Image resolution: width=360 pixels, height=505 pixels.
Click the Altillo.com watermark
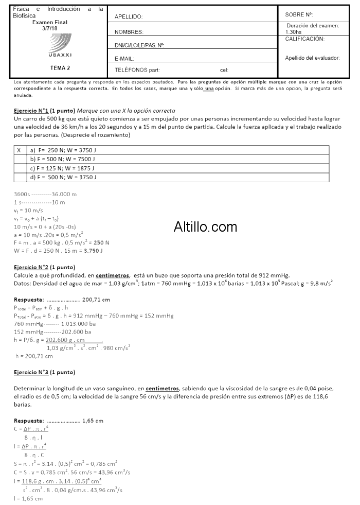tap(205, 227)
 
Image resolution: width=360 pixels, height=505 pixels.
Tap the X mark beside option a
tap(19, 150)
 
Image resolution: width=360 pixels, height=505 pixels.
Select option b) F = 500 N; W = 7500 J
tap(64, 159)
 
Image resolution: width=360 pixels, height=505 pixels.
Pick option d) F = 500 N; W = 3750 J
tap(64, 178)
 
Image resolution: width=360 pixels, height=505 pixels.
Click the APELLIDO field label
tap(129, 17)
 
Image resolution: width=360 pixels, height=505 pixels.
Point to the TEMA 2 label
tap(60, 67)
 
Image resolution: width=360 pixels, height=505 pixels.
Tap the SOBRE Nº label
tap(299, 14)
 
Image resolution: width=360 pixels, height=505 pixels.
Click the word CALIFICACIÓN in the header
tap(305, 39)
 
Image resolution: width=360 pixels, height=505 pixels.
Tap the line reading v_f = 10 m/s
tap(28, 211)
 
